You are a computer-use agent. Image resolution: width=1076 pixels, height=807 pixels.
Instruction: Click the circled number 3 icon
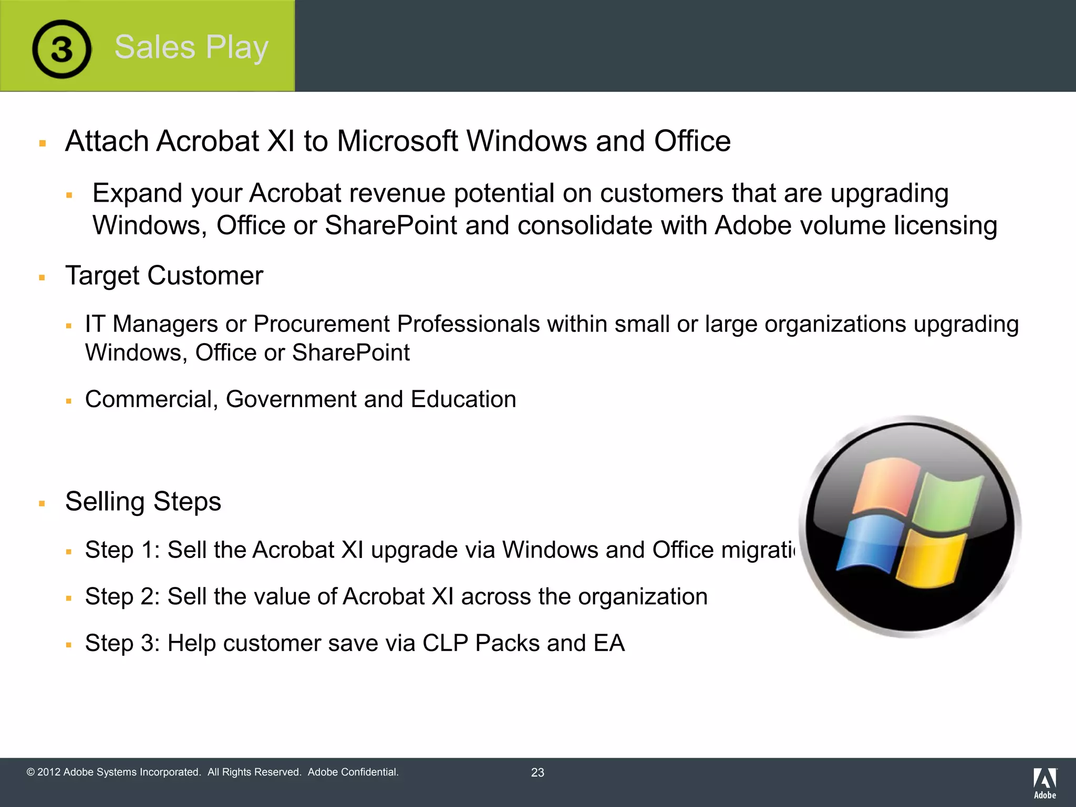point(61,49)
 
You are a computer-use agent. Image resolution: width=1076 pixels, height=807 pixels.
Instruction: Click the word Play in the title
point(237,47)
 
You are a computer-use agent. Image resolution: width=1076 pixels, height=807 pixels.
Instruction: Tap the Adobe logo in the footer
point(1044,783)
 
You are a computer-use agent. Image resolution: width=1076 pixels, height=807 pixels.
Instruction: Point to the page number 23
point(537,772)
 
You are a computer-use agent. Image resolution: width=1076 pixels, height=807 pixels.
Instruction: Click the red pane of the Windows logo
point(885,486)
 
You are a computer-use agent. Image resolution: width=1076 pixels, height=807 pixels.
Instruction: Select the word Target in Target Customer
point(102,276)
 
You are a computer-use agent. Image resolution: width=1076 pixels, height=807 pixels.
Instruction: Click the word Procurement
point(321,324)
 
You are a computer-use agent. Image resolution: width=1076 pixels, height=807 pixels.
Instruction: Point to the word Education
point(463,399)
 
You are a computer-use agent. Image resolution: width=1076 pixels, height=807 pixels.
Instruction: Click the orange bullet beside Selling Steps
point(42,503)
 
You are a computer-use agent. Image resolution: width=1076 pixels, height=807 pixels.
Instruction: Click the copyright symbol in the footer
point(30,772)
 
